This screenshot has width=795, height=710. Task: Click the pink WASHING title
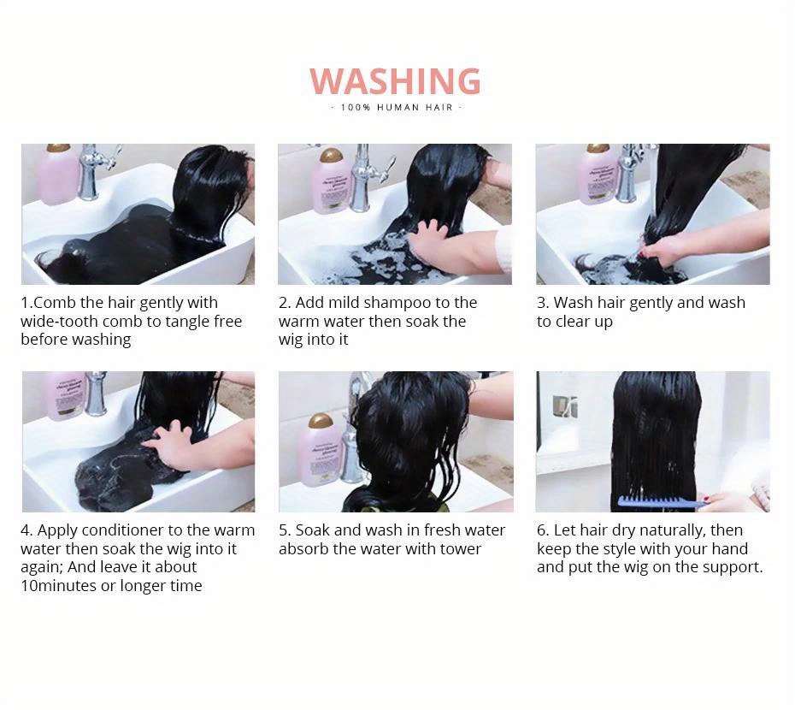coord(395,81)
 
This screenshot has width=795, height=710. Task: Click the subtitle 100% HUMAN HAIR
coord(397,108)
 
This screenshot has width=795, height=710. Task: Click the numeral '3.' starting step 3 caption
coord(543,303)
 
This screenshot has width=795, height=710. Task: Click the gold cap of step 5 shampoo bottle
coord(321,421)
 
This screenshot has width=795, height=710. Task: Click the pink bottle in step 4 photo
coord(66,396)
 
